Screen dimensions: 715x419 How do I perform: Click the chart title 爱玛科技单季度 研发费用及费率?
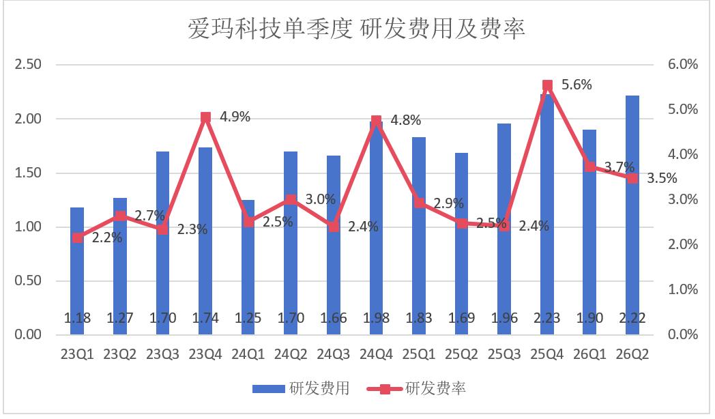356,28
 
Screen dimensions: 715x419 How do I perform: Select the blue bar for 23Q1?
77,271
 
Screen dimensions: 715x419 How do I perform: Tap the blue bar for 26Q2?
632,215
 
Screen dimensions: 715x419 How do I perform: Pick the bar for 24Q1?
248,268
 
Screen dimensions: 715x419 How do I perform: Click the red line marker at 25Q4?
547,85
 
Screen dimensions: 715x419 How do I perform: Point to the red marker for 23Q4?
205,117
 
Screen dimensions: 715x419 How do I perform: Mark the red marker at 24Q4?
376,121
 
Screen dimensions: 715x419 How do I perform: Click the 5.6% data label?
577,85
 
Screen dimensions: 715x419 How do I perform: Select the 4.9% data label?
235,117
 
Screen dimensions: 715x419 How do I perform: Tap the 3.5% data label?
662,178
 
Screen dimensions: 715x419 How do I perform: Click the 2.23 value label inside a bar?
546,318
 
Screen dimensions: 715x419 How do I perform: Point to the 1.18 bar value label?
77,318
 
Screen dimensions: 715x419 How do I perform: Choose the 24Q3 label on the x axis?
334,354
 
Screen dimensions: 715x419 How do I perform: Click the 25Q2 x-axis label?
461,354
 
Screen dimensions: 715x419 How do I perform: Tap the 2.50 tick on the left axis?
28,64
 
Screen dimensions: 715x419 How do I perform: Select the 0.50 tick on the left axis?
28,281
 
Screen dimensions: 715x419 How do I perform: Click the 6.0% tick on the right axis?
683,64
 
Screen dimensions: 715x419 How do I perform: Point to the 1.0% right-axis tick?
683,289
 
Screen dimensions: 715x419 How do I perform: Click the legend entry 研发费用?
302,388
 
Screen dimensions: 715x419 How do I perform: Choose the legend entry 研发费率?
416,388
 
